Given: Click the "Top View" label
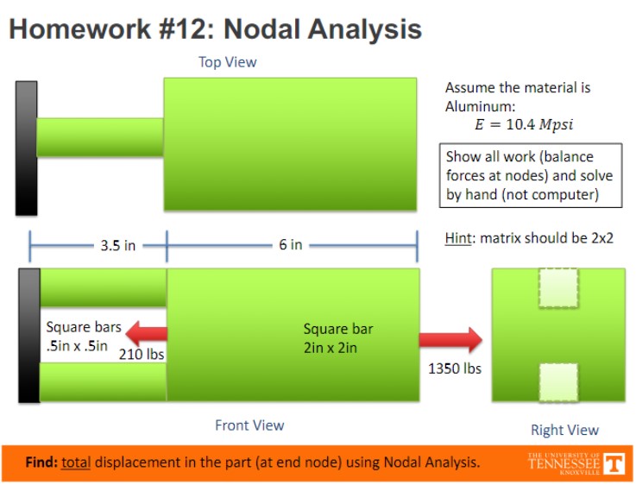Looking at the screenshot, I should coord(227,62).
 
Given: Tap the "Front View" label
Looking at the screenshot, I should coord(249,425).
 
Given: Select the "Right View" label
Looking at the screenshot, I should coord(564,430).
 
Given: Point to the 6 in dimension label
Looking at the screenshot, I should coord(290,245).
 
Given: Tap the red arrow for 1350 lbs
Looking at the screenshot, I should coord(450,340).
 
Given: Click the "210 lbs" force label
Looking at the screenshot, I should coord(142,354).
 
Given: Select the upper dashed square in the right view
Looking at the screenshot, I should coord(558,289).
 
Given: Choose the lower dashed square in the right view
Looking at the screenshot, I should coord(558,382).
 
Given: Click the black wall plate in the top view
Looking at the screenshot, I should coord(26,148).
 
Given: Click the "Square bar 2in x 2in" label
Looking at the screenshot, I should coord(338,338).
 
